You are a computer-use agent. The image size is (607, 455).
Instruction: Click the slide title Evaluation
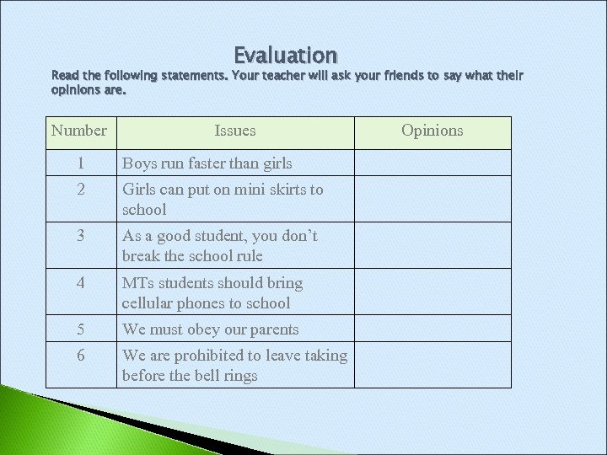(x=286, y=56)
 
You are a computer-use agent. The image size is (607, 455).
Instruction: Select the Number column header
(x=78, y=131)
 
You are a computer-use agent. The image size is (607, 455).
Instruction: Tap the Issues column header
(x=235, y=131)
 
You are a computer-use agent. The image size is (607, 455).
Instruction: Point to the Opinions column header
(x=432, y=131)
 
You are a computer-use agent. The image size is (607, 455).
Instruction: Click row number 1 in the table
(x=81, y=163)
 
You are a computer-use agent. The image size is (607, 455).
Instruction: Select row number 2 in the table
(x=81, y=190)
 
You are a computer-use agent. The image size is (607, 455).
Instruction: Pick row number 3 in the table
(x=81, y=236)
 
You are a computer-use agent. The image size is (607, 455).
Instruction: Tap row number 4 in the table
(x=81, y=283)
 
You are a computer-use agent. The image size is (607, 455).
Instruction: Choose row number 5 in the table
(x=81, y=329)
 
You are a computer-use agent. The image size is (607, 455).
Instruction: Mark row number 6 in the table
(x=81, y=356)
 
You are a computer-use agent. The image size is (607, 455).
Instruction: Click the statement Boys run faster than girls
(x=207, y=163)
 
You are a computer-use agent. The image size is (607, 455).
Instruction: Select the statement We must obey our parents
(x=210, y=329)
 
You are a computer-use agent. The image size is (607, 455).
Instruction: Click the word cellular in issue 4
(x=148, y=303)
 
